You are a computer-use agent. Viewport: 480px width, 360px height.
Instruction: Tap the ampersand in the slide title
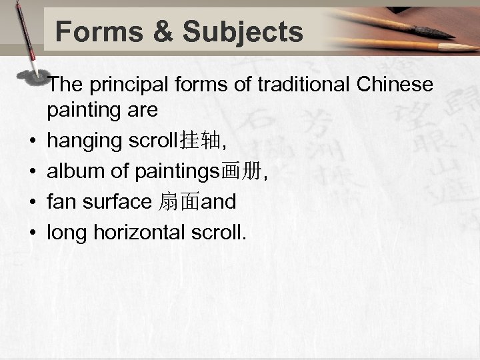point(157,31)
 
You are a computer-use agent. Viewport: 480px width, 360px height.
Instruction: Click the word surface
point(117,201)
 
